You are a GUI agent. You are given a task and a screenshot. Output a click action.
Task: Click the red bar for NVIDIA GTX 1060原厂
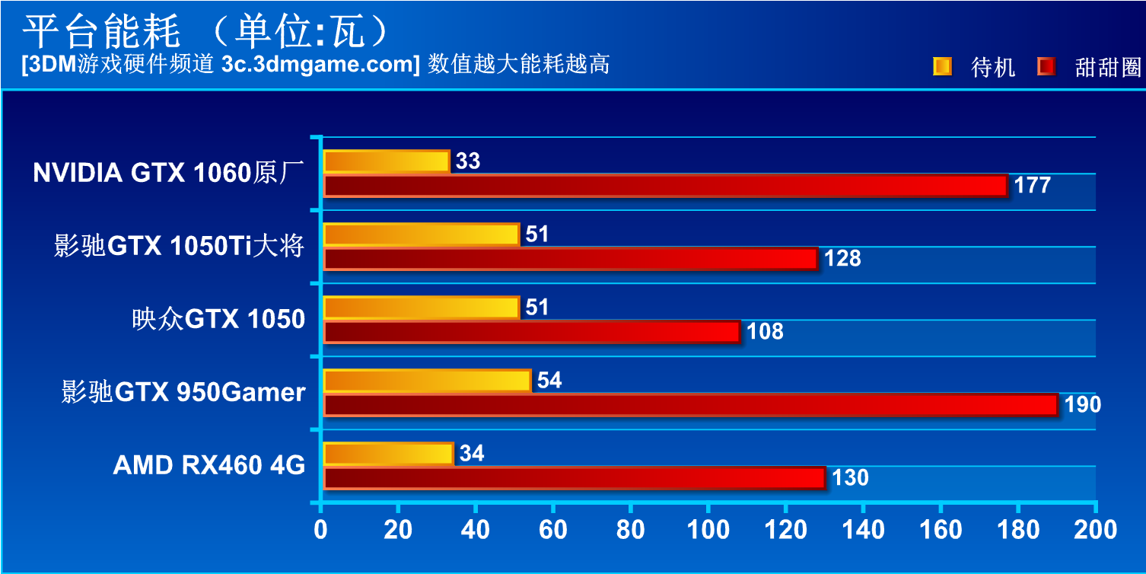tap(666, 186)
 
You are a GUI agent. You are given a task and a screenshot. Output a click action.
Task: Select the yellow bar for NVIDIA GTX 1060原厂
tap(387, 161)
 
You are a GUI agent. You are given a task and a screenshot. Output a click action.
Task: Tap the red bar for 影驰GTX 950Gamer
tap(691, 405)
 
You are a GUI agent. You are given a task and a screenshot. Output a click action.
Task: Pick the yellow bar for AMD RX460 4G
tap(388, 454)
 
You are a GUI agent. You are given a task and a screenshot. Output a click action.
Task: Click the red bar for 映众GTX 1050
tap(532, 332)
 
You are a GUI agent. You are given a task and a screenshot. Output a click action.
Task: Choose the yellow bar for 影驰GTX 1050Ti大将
tap(422, 234)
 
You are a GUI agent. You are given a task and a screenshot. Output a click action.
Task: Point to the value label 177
tap(1032, 186)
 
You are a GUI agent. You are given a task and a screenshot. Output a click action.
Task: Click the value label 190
tap(1082, 405)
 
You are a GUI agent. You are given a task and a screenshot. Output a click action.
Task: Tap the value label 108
tap(765, 332)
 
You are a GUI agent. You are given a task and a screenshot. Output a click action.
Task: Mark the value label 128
tap(842, 259)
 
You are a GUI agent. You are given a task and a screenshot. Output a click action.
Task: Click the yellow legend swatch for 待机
tap(941, 67)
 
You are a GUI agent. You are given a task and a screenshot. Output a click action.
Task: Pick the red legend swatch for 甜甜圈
tap(1046, 67)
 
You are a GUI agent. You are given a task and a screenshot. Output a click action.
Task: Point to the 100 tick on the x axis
tap(708, 530)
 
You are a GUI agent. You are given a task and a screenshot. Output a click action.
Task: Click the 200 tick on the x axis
tap(1094, 530)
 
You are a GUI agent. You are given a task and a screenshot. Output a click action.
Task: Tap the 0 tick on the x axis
tap(321, 530)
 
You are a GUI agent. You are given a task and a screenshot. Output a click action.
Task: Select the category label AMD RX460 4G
tap(209, 465)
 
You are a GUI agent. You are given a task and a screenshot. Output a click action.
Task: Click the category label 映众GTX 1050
tap(218, 319)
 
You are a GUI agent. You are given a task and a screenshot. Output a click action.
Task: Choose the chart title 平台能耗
tap(100, 31)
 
